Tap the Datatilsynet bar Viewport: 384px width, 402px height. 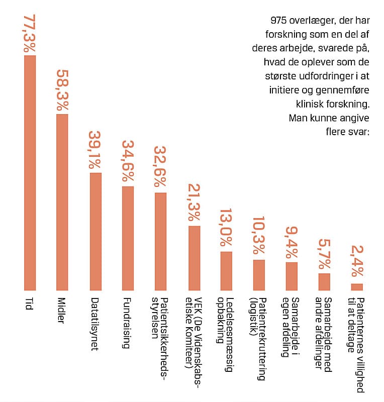tap(95, 231)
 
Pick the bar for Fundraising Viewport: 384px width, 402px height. tap(128, 238)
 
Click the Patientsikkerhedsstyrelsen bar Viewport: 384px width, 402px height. tap(160, 241)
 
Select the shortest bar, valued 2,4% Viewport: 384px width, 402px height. tap(357, 287)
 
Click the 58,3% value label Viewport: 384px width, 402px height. tap(62, 91)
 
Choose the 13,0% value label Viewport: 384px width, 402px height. tap(227, 229)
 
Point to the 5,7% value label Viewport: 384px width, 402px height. tap(324, 254)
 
